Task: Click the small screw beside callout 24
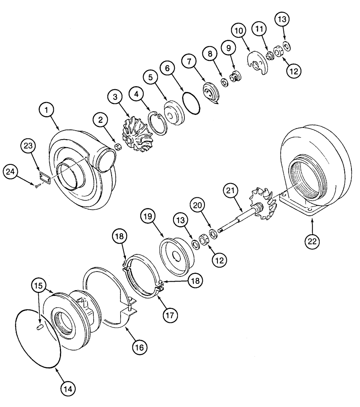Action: [37, 186]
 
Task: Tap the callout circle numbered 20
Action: [207, 208]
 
